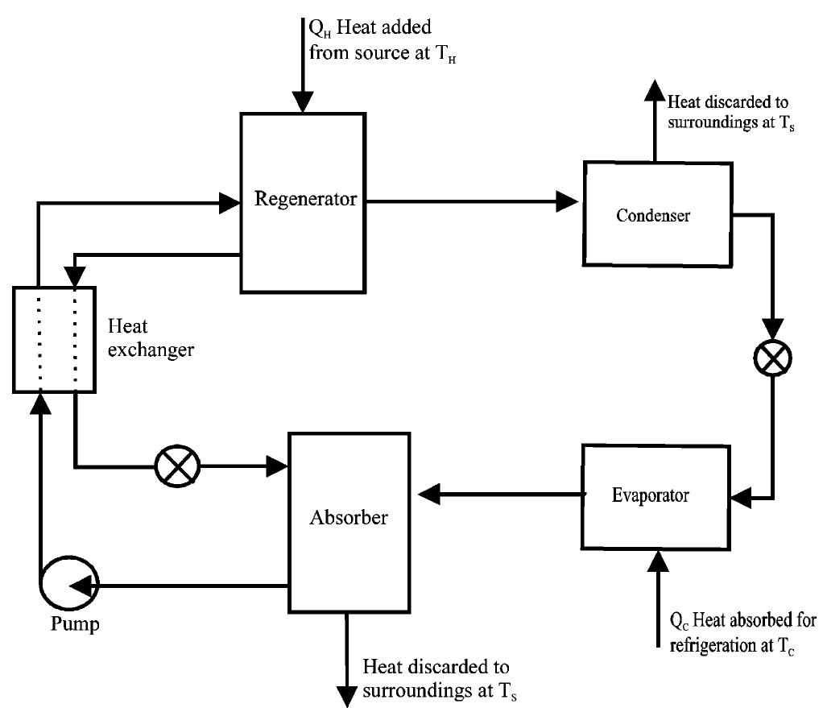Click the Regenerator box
tap(304, 201)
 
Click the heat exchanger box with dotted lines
tap(56, 339)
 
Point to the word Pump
tap(67, 625)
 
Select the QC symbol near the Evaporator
tap(678, 623)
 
